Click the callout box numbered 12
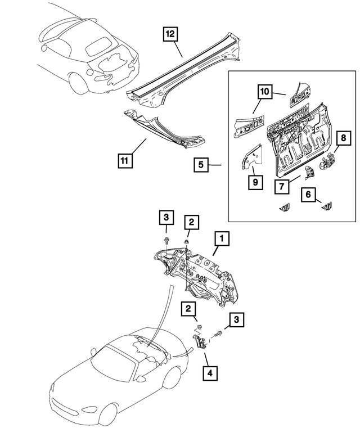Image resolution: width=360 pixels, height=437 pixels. [x=170, y=35]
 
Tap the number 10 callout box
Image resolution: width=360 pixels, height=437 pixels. [x=265, y=91]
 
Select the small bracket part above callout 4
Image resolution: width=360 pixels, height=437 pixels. [x=199, y=343]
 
